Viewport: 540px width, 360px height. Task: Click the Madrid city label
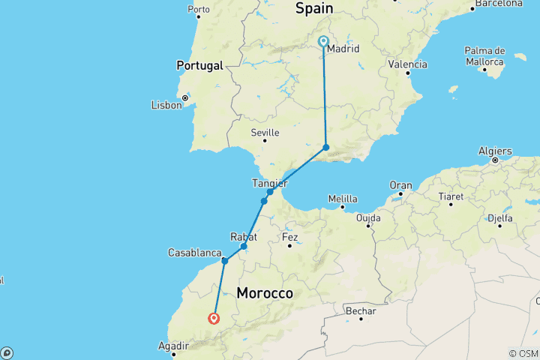tap(344, 49)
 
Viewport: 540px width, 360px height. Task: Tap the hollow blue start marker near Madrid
tap(323, 42)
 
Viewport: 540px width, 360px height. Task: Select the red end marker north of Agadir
tap(214, 318)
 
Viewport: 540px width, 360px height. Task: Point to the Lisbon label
tap(166, 105)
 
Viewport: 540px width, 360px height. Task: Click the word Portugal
tap(199, 66)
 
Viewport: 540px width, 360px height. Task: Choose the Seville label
tap(265, 133)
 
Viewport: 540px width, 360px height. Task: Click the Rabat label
tap(244, 236)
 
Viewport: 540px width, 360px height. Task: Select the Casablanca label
tap(194, 253)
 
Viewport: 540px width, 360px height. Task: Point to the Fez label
tap(290, 238)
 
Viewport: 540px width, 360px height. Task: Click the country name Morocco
tap(265, 292)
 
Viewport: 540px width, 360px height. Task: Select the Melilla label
tap(343, 199)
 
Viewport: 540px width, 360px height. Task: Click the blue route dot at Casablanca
tap(224, 261)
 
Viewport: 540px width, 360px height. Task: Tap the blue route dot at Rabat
tap(244, 246)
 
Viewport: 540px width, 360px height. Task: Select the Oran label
tap(400, 185)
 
